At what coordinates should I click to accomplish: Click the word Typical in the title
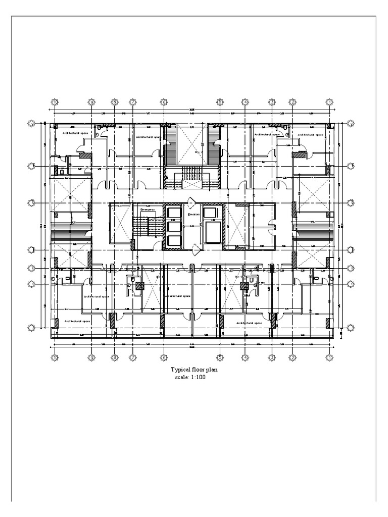[x=181, y=370]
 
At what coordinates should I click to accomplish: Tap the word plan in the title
[x=213, y=370]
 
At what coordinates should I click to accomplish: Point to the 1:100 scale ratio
[x=197, y=377]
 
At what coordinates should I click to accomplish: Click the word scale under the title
[x=180, y=377]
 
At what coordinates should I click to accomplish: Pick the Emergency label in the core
[x=148, y=209]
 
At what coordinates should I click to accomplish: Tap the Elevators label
[x=194, y=215]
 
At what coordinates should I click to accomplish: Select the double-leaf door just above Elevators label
[x=192, y=203]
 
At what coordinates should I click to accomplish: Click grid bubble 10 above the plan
[x=55, y=102]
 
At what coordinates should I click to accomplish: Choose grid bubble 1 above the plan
[x=329, y=102]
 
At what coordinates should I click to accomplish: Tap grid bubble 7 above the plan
[x=132, y=102]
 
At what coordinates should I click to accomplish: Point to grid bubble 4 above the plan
[x=245, y=102]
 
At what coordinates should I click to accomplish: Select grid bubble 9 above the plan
[x=91, y=102]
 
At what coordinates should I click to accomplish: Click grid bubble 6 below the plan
[x=164, y=358]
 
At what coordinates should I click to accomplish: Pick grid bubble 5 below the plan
[x=220, y=358]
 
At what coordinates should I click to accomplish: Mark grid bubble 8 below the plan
[x=115, y=358]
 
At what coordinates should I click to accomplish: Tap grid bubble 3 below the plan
[x=272, y=358]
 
